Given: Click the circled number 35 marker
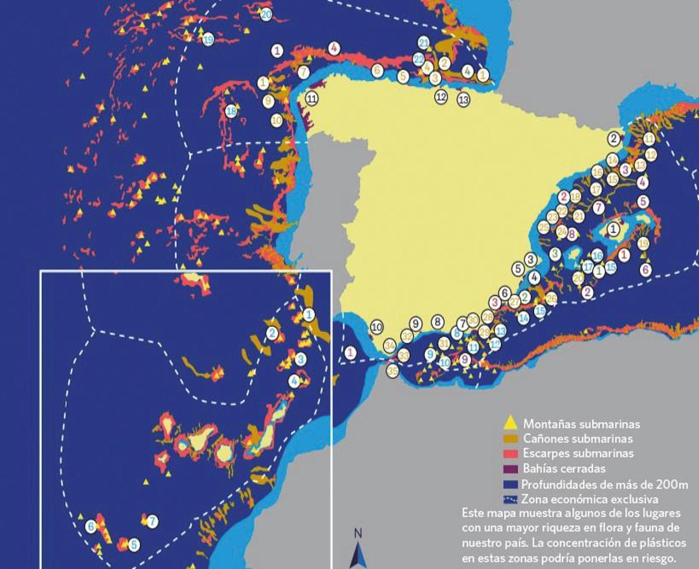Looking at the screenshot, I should pos(393,370).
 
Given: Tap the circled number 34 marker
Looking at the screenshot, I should pos(390,345).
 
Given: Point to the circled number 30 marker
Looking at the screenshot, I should pos(473,319).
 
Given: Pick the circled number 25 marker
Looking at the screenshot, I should pos(543,228).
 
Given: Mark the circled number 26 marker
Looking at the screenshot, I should pos(551,299).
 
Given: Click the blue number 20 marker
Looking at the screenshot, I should pos(266,15).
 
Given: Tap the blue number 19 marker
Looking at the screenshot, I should pos(208,40).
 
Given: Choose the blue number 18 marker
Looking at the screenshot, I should pos(231,111).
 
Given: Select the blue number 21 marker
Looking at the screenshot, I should pos(424,43).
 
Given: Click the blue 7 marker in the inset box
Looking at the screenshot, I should pos(152,521).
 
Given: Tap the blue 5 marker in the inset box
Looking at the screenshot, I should pos(134,545).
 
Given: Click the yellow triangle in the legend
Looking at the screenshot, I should pos(510,423).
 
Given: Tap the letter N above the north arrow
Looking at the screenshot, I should pos(358,532).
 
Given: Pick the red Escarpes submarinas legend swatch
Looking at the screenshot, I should pos(510,454).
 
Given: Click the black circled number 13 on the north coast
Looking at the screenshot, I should pos(463,99).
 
